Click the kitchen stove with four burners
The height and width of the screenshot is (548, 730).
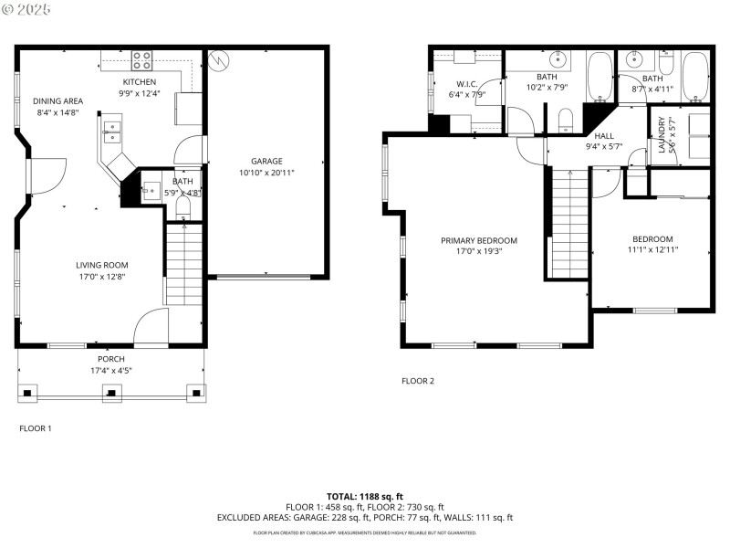(141, 60)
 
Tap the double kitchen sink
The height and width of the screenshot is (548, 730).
(112, 132)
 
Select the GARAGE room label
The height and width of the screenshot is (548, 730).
(266, 162)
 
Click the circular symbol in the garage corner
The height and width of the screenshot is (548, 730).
(218, 60)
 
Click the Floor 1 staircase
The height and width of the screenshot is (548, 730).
(183, 265)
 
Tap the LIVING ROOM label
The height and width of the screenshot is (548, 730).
(101, 266)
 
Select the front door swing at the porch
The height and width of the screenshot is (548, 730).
(153, 327)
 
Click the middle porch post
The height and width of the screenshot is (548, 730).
(111, 394)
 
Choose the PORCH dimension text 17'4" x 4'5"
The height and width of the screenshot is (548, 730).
(110, 371)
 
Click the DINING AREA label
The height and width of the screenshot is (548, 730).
(58, 101)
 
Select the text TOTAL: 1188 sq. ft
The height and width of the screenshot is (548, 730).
(364, 496)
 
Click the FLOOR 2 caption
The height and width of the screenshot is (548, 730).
(418, 381)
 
